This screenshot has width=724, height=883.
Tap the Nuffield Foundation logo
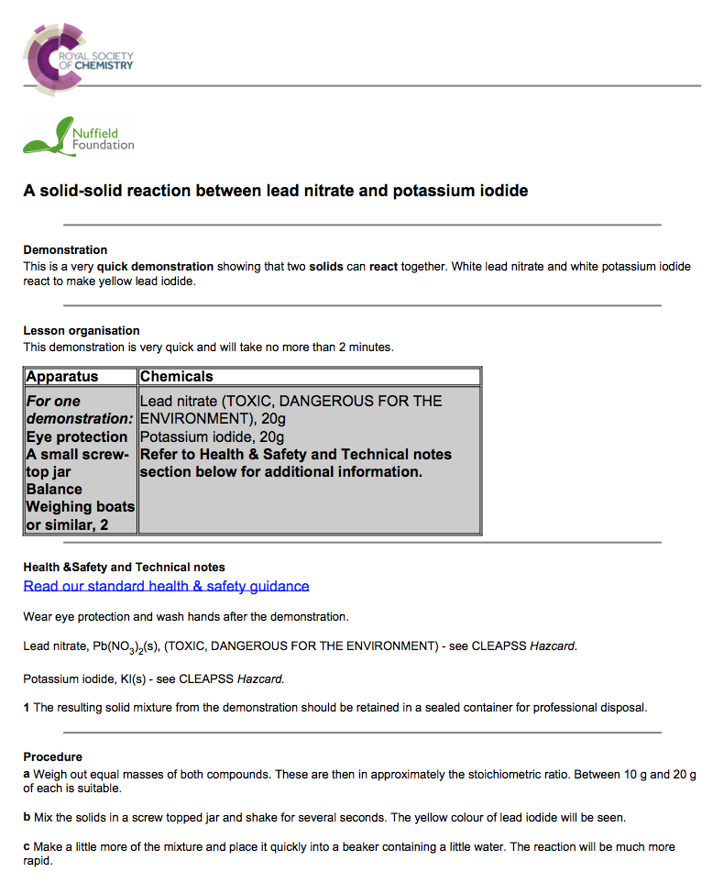[x=79, y=137]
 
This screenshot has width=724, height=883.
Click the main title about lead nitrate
[x=275, y=191]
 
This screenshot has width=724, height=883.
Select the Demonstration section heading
[x=65, y=249]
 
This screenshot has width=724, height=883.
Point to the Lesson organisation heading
[x=82, y=330]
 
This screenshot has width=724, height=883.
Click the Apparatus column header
[x=62, y=377]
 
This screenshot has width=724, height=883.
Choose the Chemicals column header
[x=176, y=377]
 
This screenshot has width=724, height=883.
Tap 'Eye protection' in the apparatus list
[x=77, y=436]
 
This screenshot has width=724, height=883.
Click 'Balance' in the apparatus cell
[x=54, y=489]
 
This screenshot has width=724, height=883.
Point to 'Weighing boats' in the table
[x=81, y=506]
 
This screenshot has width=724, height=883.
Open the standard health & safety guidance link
[x=166, y=586]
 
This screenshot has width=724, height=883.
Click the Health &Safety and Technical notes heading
[x=124, y=567]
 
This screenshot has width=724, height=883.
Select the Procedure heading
[x=52, y=756]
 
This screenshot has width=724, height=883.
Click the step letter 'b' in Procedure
[x=27, y=817]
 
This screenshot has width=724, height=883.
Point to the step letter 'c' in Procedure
[x=27, y=846]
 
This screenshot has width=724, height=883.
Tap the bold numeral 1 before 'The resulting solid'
[x=27, y=707]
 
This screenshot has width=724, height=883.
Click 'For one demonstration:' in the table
[x=79, y=410]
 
